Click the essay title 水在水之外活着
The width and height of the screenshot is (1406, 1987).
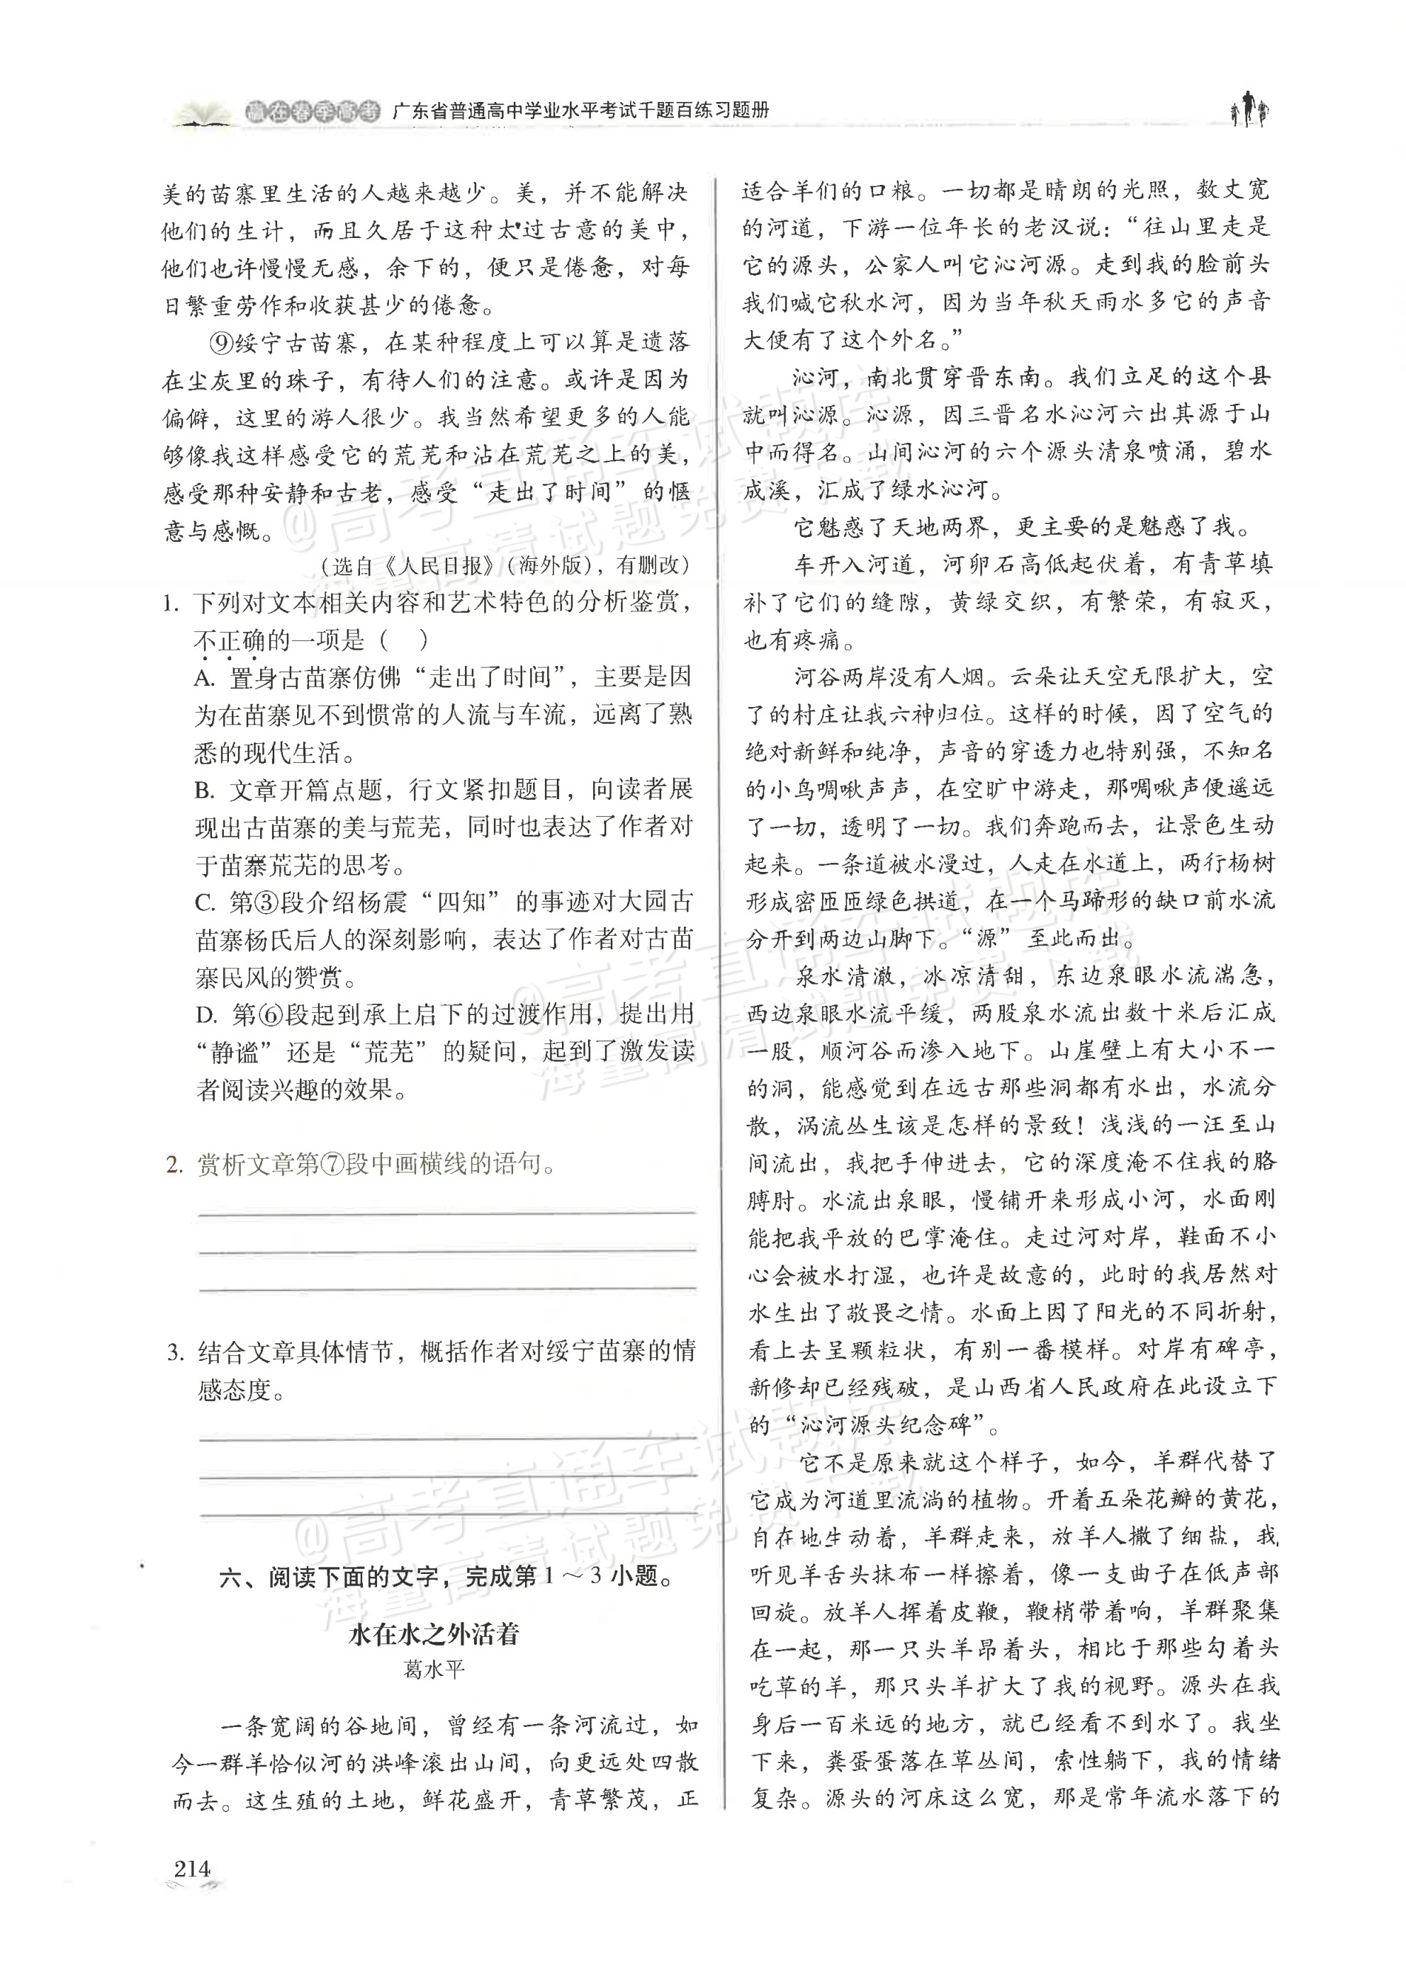[434, 1634]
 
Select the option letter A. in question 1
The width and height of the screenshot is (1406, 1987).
[206, 679]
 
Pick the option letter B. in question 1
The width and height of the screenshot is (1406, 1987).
[206, 790]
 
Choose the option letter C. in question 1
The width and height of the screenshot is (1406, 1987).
[206, 903]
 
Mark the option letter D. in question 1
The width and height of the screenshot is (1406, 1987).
[206, 1015]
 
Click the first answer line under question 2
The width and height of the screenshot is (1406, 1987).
[446, 1213]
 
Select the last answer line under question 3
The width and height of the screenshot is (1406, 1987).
[446, 1515]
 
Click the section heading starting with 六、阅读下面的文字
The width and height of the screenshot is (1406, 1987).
[446, 1576]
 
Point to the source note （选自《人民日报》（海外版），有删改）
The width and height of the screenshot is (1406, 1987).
[505, 566]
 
